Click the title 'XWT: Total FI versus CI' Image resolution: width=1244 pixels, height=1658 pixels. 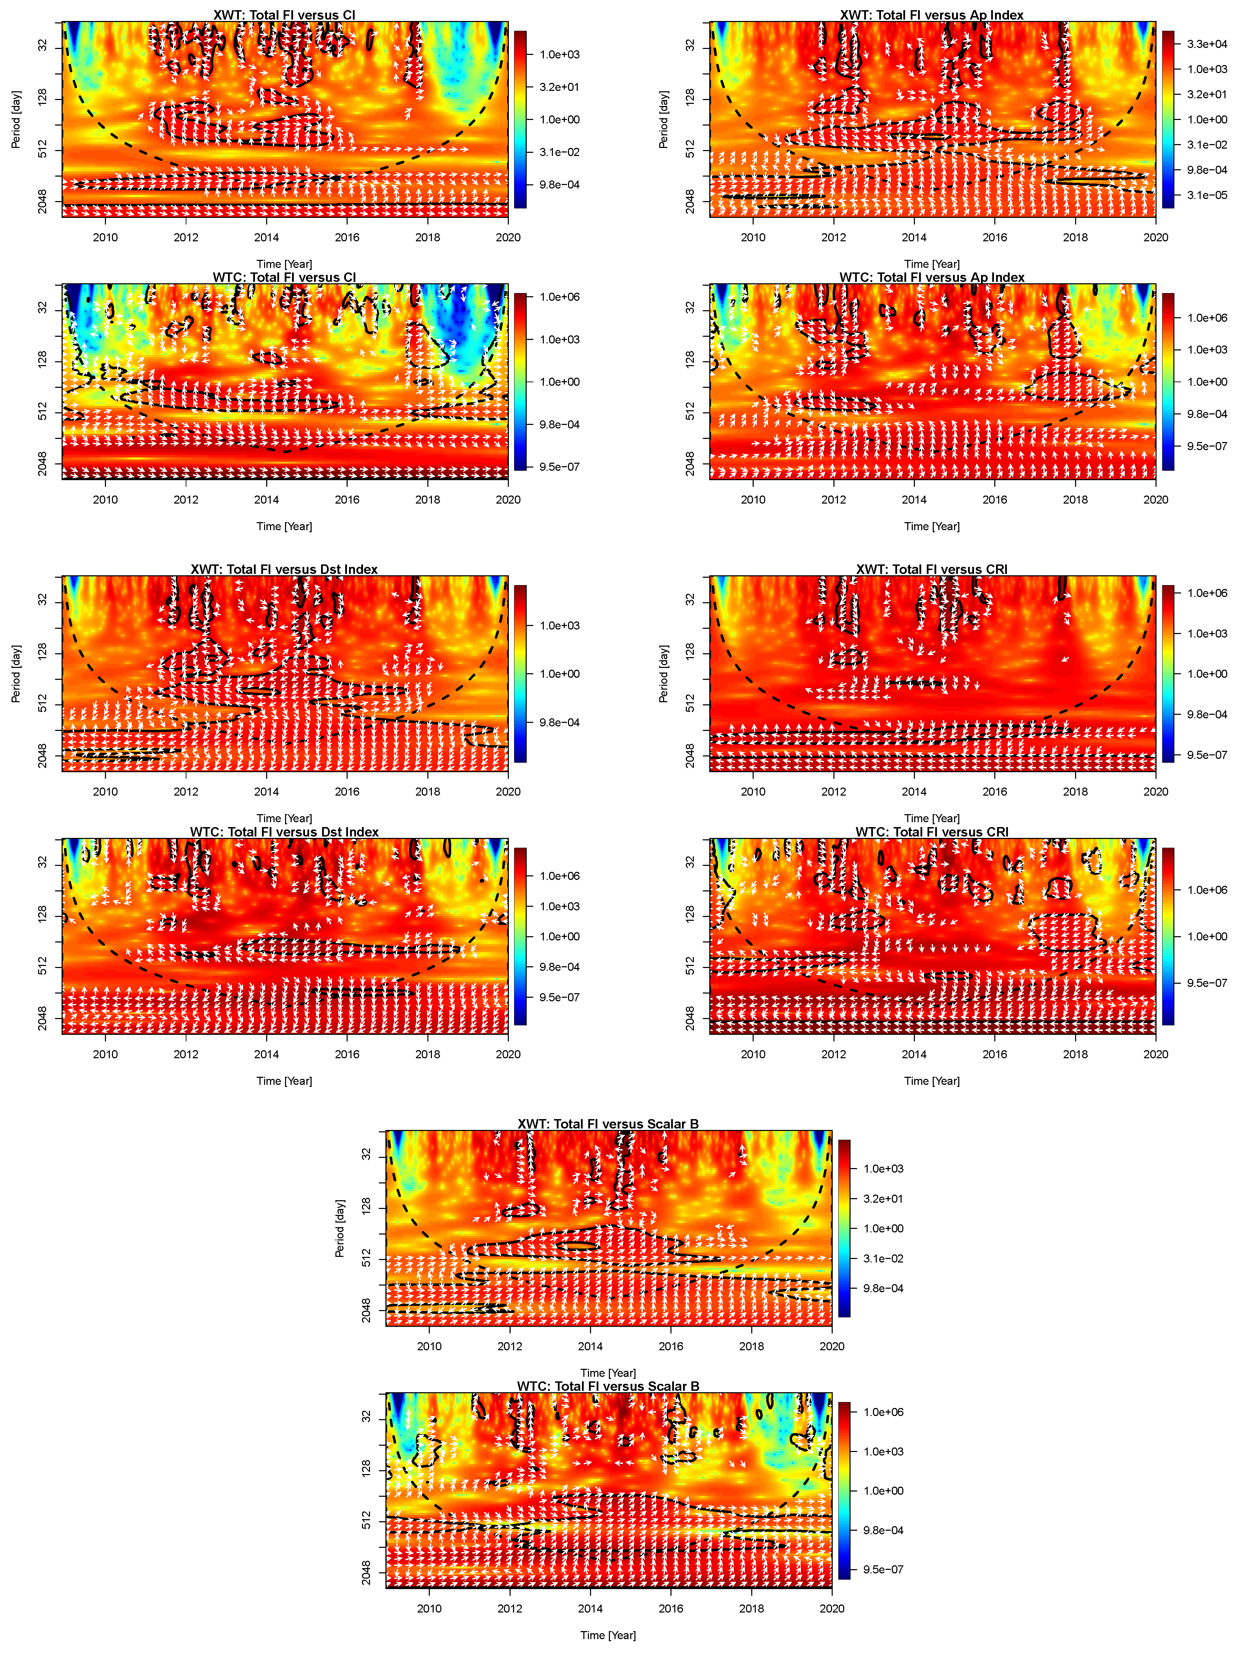[x=284, y=15]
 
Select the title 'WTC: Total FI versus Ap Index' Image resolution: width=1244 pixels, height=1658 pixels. [x=931, y=277]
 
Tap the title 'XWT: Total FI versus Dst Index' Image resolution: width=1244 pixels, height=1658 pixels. [x=284, y=570]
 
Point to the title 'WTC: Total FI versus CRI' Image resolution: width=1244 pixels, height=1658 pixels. [x=931, y=832]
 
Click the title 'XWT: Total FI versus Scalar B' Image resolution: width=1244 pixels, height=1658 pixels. [x=608, y=1124]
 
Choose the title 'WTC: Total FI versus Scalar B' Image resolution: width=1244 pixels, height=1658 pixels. [x=608, y=1387]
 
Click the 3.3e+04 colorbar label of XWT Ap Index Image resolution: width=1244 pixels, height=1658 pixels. [x=1207, y=44]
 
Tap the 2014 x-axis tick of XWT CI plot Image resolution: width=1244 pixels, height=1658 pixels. [x=266, y=237]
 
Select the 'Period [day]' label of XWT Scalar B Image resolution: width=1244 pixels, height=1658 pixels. [x=340, y=1229]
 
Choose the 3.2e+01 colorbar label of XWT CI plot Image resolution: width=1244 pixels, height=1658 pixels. [x=559, y=87]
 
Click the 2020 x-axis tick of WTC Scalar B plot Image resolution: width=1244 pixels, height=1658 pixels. [x=831, y=1609]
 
